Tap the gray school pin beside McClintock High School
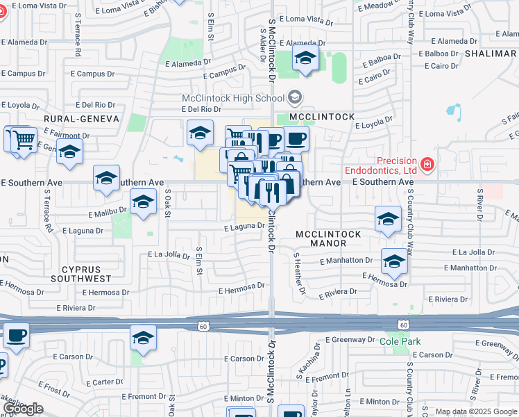[x=295, y=97]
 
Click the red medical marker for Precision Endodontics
[x=427, y=165]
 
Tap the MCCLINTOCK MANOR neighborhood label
[x=328, y=239]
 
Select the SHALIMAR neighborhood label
[x=491, y=53]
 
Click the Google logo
[x=23, y=409]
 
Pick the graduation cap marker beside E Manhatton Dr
[x=394, y=261]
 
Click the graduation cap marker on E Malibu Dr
[x=143, y=202]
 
